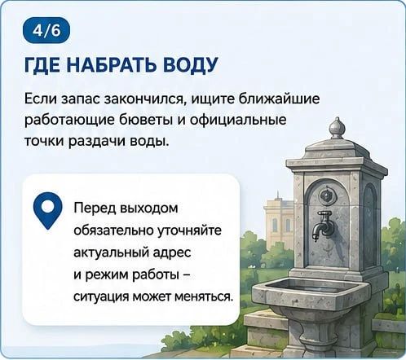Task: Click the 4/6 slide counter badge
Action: point(46,30)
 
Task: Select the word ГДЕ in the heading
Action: point(43,65)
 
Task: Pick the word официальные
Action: point(238,120)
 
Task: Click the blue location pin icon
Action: point(48,210)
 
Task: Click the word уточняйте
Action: point(189,230)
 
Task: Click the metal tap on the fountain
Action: point(321,225)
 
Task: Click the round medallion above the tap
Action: point(325,195)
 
